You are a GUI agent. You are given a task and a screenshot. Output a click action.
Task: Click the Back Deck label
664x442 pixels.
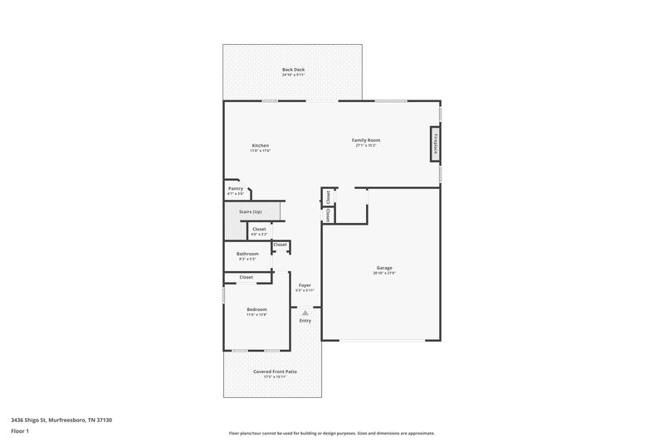(x=294, y=70)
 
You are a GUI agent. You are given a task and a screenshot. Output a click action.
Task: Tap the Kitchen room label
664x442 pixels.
(x=261, y=145)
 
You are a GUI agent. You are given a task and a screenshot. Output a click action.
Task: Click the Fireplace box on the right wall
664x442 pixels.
(x=434, y=143)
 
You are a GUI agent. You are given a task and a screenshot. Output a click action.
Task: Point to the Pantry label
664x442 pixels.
(x=236, y=188)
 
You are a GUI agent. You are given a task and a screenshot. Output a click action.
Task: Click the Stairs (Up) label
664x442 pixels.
(x=251, y=212)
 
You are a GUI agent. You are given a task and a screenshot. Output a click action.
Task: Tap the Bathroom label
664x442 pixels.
(x=247, y=254)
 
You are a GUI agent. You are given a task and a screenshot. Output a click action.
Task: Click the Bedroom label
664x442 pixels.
(x=256, y=309)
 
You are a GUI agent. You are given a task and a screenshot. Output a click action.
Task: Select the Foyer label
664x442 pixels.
(x=305, y=285)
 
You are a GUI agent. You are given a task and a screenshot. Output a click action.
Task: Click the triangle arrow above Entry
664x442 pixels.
(x=305, y=312)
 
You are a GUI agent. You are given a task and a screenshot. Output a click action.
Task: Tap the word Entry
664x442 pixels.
(x=305, y=320)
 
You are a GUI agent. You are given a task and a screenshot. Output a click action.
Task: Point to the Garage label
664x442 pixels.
(x=384, y=268)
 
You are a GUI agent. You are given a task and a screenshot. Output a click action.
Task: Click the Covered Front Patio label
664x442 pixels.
(x=275, y=372)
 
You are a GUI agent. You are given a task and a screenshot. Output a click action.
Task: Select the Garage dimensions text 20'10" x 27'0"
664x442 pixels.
(x=384, y=274)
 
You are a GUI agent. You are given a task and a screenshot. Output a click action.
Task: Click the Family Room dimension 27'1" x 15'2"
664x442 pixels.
(x=365, y=146)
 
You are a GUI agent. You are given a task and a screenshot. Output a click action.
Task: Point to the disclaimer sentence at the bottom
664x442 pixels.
(x=331, y=433)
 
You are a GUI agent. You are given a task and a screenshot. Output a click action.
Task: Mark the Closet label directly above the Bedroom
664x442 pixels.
(x=247, y=277)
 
